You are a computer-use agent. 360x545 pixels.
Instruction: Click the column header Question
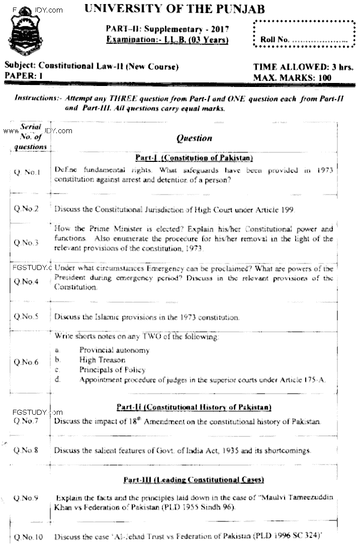pyautogui.click(x=194, y=137)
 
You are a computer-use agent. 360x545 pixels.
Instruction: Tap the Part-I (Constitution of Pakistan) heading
pyautogui.click(x=194, y=157)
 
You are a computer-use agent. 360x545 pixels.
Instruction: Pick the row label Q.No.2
pyautogui.click(x=27, y=209)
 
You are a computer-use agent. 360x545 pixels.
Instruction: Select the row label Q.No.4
pyautogui.click(x=27, y=282)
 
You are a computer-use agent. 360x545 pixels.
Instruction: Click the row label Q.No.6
pyautogui.click(x=27, y=362)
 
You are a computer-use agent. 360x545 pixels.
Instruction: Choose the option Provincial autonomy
pyautogui.click(x=114, y=350)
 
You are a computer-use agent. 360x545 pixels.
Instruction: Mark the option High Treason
pyautogui.click(x=102, y=360)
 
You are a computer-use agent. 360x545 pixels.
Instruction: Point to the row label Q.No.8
pyautogui.click(x=27, y=450)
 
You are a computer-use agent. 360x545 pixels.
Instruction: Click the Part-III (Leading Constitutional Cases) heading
pyautogui.click(x=194, y=480)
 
